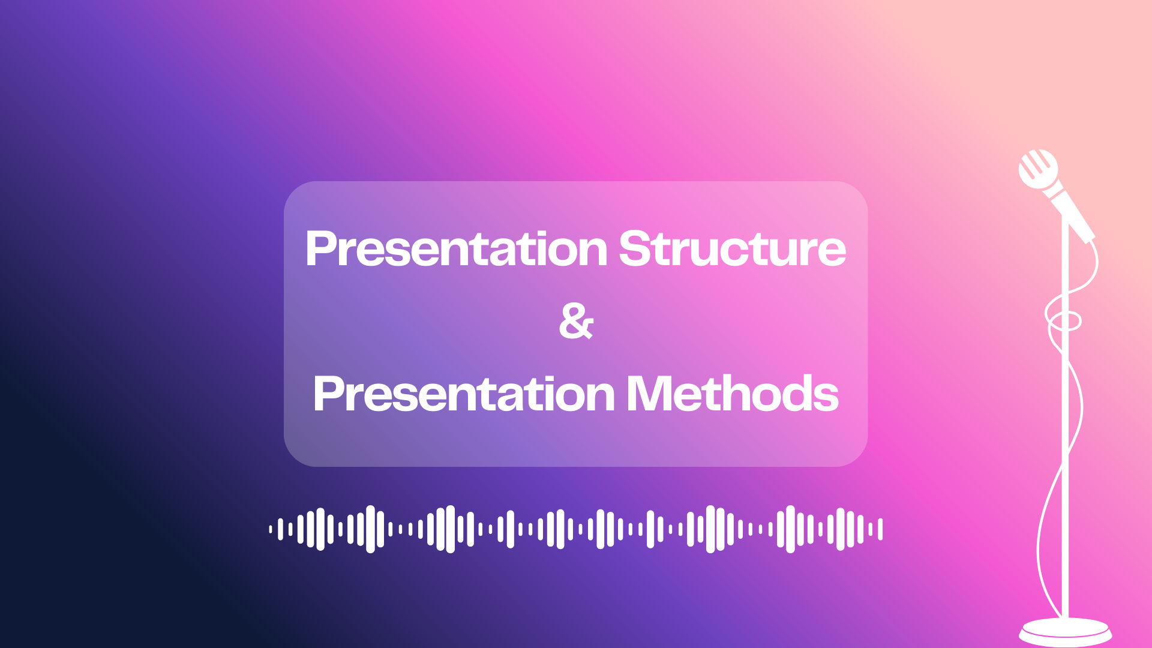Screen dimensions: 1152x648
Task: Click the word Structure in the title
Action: pyautogui.click(x=732, y=248)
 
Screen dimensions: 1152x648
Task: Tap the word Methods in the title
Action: pyautogui.click(x=732, y=394)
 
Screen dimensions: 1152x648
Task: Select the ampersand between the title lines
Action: pyautogui.click(x=576, y=321)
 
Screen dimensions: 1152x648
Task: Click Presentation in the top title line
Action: pyautogui.click(x=457, y=248)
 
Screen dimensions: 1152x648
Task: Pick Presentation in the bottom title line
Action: pyautogui.click(x=464, y=394)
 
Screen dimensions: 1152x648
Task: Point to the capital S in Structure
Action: pyautogui.click(x=635, y=248)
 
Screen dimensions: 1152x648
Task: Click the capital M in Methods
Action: pyautogui.click(x=649, y=394)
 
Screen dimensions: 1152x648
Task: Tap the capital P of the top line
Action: pyautogui.click(x=322, y=248)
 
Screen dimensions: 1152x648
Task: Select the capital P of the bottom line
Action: pyautogui.click(x=330, y=394)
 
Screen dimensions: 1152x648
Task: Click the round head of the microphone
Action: pyautogui.click(x=1038, y=169)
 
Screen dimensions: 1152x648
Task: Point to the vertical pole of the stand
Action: pyautogui.click(x=1065, y=420)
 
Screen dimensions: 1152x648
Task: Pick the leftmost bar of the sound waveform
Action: pyautogui.click(x=271, y=529)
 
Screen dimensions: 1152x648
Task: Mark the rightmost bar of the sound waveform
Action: pyautogui.click(x=880, y=529)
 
